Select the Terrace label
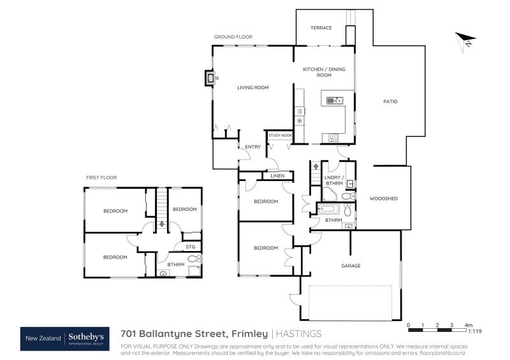pyautogui.click(x=321, y=28)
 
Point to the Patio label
pyautogui.click(x=390, y=101)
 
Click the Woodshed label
pyautogui.click(x=383, y=199)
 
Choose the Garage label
pyautogui.click(x=351, y=266)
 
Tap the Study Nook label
pyautogui.click(x=280, y=135)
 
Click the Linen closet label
pyautogui.click(x=277, y=176)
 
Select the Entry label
pyautogui.click(x=252, y=147)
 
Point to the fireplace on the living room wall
pyautogui.click(x=210, y=78)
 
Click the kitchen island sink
pyautogui.click(x=335, y=100)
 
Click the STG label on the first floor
pyautogui.click(x=190, y=246)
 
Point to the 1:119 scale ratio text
pyautogui.click(x=474, y=331)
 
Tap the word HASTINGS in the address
pyautogui.click(x=300, y=333)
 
